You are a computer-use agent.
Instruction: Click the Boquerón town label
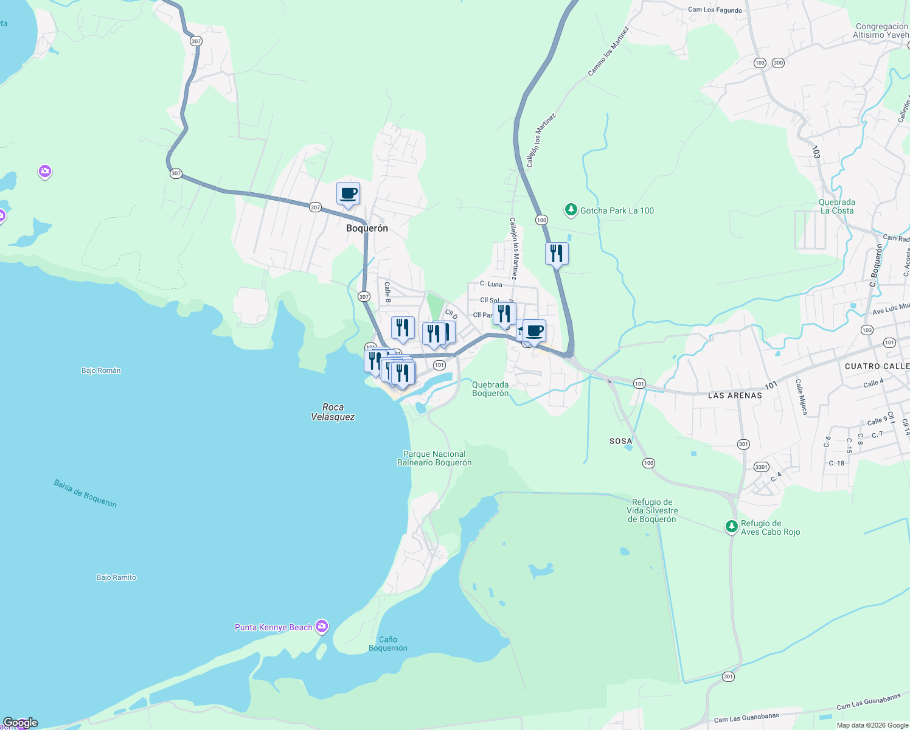click(x=367, y=228)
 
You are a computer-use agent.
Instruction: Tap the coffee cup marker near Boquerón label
click(x=348, y=194)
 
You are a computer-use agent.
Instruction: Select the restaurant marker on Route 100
click(x=557, y=253)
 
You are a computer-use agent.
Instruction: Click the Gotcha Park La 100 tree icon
click(x=571, y=210)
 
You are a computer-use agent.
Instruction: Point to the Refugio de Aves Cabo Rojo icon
click(x=732, y=527)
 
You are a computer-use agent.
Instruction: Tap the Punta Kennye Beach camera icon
click(x=322, y=626)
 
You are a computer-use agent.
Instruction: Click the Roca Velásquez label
click(x=333, y=412)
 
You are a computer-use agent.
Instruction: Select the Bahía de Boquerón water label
click(x=85, y=493)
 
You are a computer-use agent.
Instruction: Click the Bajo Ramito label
click(x=116, y=577)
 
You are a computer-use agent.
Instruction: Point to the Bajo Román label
click(x=101, y=370)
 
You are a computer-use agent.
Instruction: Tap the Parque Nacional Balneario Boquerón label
click(x=434, y=458)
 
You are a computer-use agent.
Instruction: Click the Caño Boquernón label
click(x=388, y=644)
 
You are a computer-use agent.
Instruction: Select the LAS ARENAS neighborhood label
click(x=735, y=395)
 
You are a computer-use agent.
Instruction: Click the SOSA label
click(x=620, y=441)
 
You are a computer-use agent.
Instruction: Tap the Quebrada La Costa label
click(x=837, y=206)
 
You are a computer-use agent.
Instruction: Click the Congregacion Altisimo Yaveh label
click(x=881, y=31)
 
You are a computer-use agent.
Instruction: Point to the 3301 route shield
click(x=761, y=467)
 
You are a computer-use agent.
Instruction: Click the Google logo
click(x=20, y=723)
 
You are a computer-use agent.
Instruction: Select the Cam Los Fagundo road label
click(x=715, y=10)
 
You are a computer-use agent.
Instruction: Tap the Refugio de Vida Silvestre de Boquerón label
click(x=652, y=510)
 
